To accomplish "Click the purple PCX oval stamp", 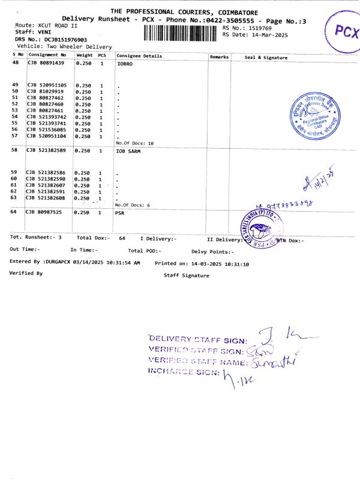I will (x=340, y=31).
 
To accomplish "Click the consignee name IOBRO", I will (x=124, y=63).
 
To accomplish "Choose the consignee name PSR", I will (x=120, y=212).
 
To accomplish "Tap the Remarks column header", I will (x=220, y=56).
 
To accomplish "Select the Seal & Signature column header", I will (x=266, y=57).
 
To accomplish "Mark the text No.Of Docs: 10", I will (x=135, y=143).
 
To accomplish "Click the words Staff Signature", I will (x=187, y=275).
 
